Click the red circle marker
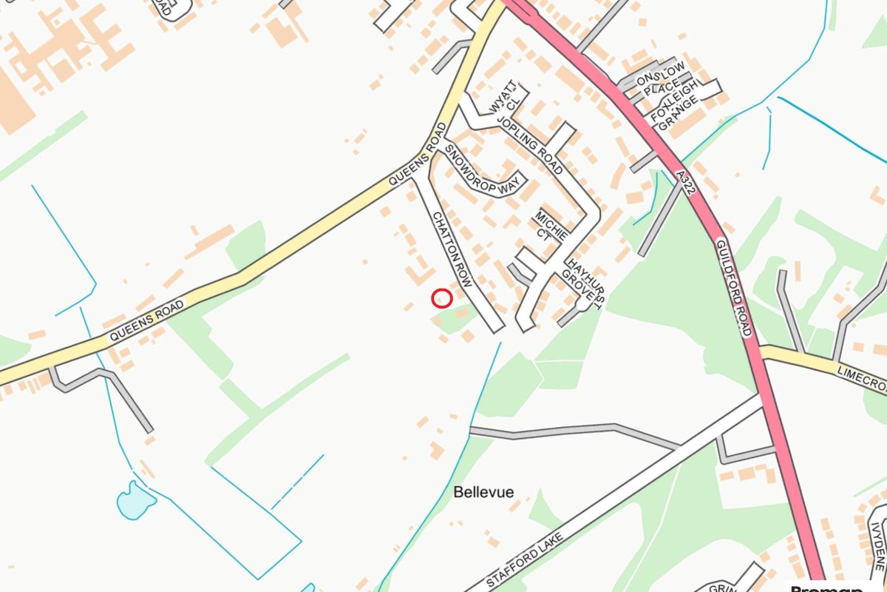click(x=441, y=298)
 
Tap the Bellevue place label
click(x=483, y=492)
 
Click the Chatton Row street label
click(x=452, y=250)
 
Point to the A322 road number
click(x=687, y=182)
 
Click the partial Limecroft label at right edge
click(x=863, y=377)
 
